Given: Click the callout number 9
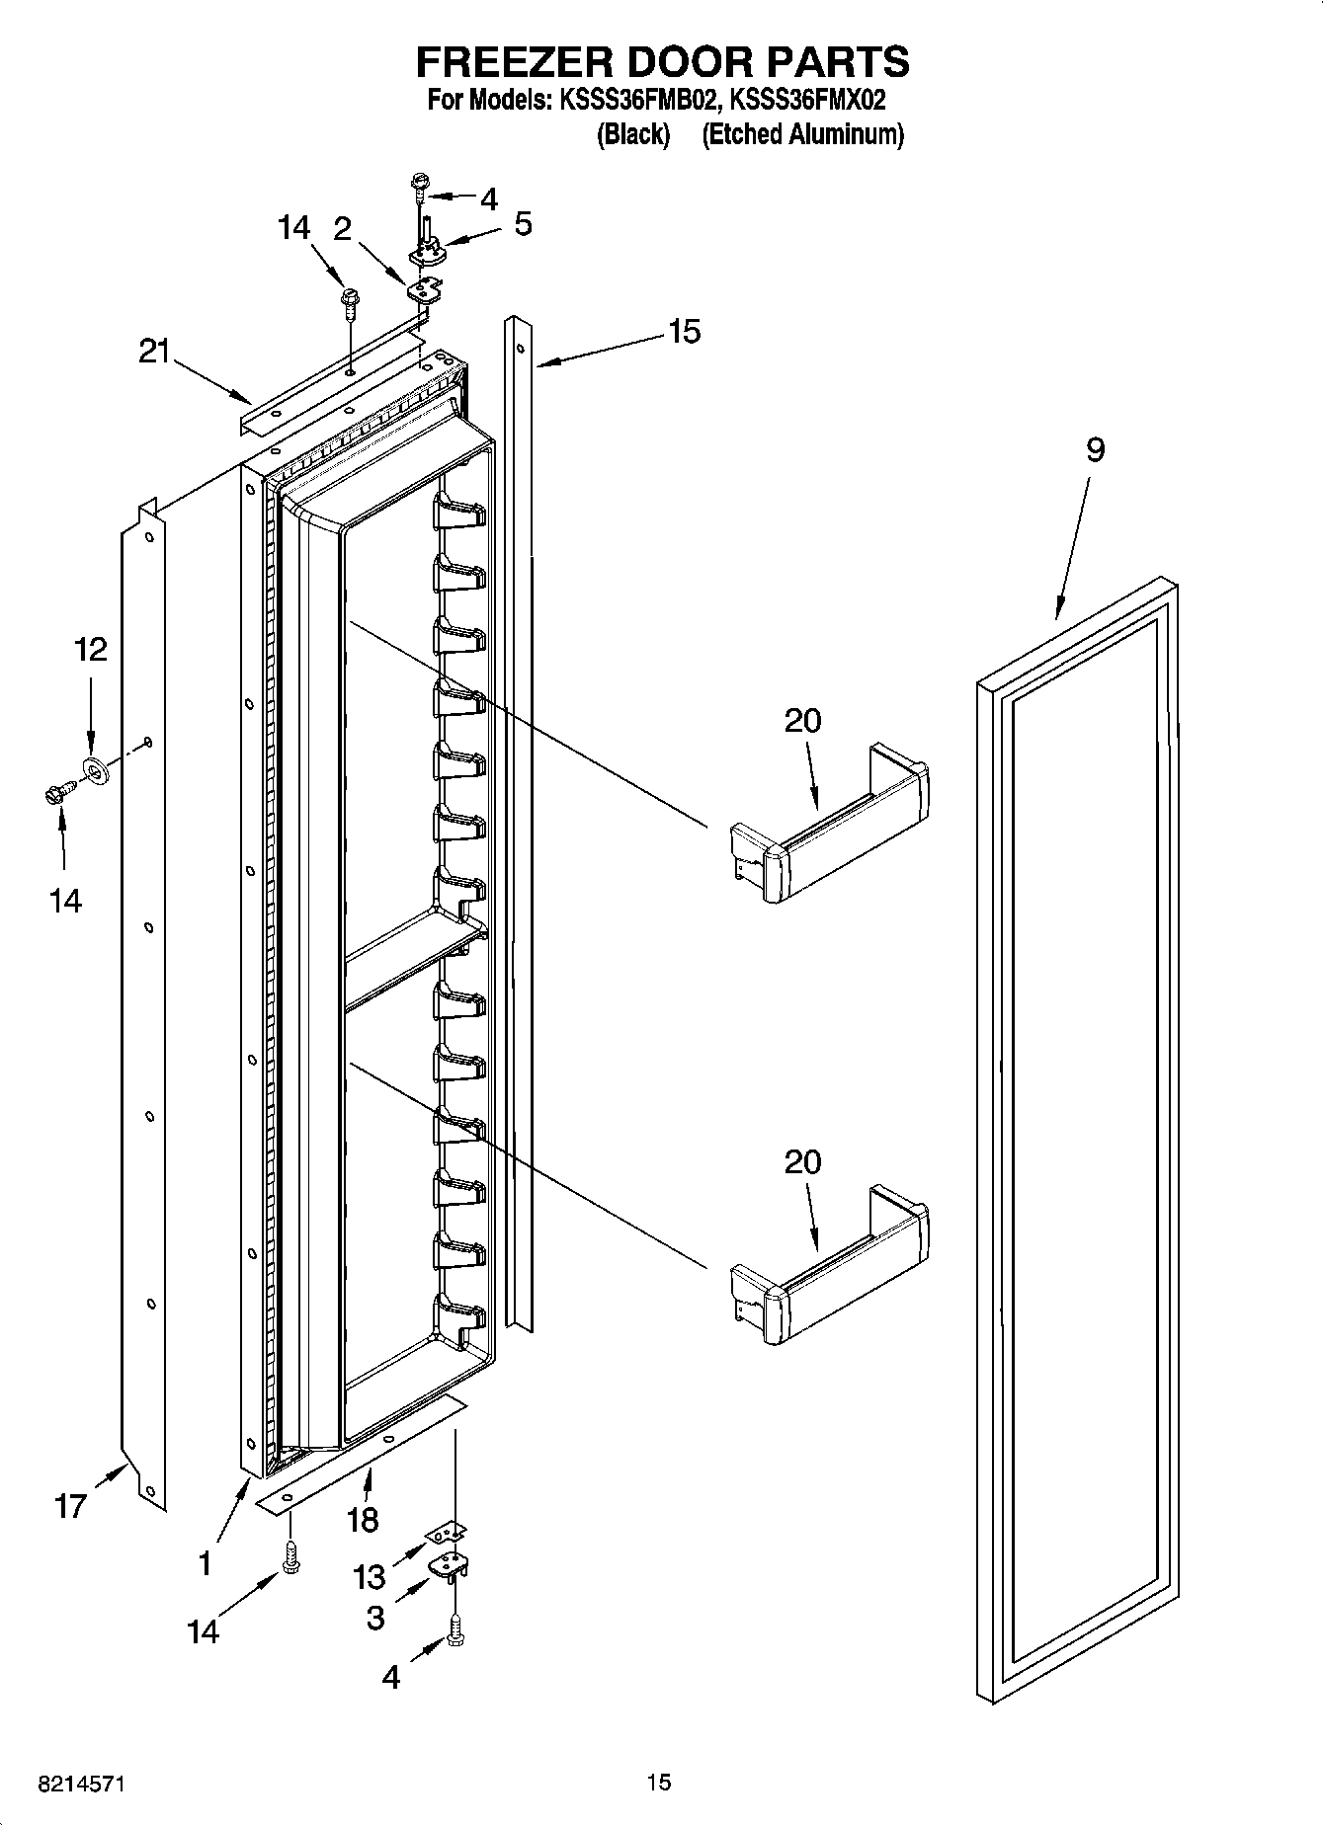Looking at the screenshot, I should coord(1094,450).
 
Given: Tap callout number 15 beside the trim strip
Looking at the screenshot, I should coord(684,332).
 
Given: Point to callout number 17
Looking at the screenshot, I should coord(70,1506).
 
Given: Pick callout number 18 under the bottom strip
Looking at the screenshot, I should coord(362,1520).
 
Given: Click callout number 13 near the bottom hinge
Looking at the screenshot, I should coord(369,1577).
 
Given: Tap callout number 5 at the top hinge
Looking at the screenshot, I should coord(523,224).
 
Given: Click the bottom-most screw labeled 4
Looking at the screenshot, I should coord(455,1629).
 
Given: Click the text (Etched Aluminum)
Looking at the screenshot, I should coord(802,134).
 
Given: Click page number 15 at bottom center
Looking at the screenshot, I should coord(658,1782).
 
